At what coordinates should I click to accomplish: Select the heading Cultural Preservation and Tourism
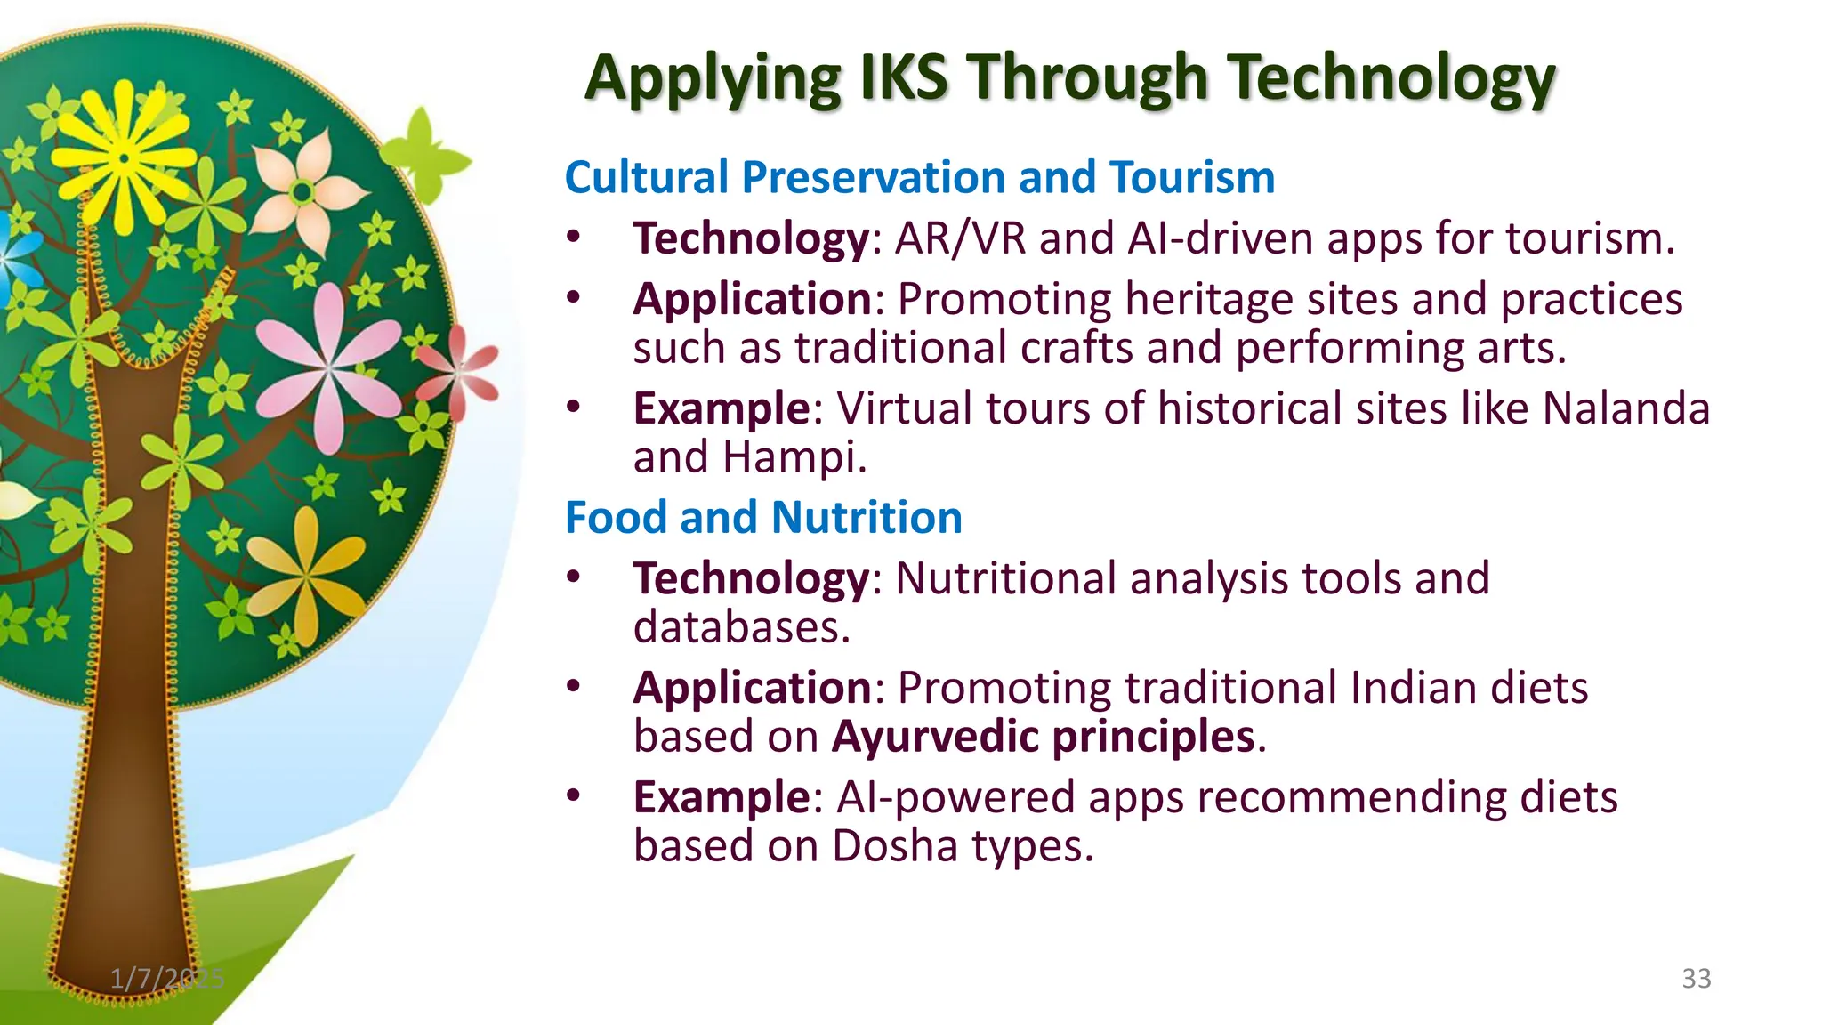(919, 177)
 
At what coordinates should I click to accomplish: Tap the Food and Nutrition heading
(763, 518)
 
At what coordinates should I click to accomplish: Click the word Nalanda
(1625, 408)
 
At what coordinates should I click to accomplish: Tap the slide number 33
(1696, 979)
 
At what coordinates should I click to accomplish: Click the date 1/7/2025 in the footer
(167, 979)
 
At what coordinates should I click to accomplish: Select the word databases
(741, 627)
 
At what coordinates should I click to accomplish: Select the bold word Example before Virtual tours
(721, 408)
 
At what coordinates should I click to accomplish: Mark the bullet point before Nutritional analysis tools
(574, 577)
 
